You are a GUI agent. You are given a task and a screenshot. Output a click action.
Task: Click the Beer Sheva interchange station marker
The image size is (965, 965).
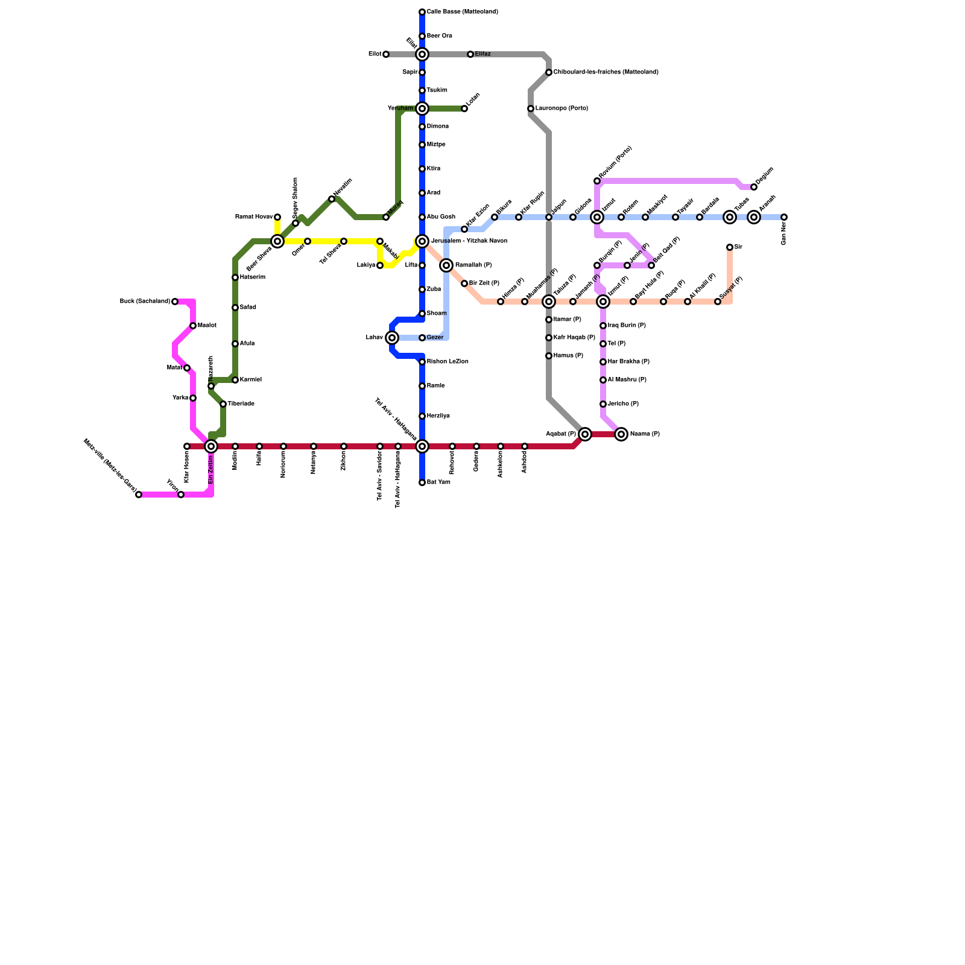click(277, 241)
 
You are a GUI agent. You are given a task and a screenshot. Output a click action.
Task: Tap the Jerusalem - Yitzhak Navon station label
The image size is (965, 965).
click(473, 241)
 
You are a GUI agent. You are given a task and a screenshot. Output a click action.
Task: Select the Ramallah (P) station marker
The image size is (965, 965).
click(446, 265)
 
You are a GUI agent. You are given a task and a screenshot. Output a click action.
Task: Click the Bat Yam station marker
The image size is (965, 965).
click(422, 482)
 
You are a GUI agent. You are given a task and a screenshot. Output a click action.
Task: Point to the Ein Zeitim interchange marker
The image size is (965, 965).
click(211, 446)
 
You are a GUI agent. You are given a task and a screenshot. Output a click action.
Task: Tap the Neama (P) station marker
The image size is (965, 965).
click(621, 434)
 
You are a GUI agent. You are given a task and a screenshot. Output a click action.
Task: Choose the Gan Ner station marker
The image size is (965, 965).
click(784, 217)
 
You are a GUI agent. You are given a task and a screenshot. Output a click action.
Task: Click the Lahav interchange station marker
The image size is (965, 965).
click(392, 338)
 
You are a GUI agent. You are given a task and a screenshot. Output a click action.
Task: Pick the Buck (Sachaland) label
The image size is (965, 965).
click(145, 302)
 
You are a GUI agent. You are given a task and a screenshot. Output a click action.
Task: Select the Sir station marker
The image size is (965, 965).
click(730, 247)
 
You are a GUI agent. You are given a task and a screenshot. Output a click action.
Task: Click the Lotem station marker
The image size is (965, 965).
click(464, 109)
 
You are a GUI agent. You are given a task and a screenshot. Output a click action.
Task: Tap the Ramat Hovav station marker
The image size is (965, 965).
click(277, 217)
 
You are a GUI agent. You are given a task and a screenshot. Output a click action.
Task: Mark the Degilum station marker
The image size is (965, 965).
click(754, 187)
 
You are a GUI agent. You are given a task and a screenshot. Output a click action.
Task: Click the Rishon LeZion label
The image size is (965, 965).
click(448, 362)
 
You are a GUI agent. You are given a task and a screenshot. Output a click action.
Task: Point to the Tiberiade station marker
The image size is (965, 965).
click(223, 404)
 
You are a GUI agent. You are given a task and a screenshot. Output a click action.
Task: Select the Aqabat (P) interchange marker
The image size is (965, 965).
click(585, 434)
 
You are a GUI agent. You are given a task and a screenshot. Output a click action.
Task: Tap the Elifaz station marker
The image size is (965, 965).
click(470, 54)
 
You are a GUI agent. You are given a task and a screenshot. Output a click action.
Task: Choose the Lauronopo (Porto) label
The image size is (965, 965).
click(561, 109)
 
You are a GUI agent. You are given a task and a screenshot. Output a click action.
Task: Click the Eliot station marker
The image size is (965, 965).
click(386, 54)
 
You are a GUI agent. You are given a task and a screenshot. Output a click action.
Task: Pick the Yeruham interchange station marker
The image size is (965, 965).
click(422, 109)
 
